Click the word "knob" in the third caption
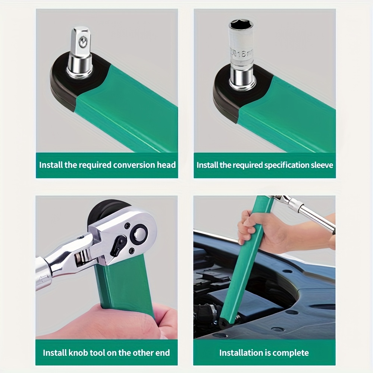[77, 352]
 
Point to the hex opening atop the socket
[241, 24]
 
